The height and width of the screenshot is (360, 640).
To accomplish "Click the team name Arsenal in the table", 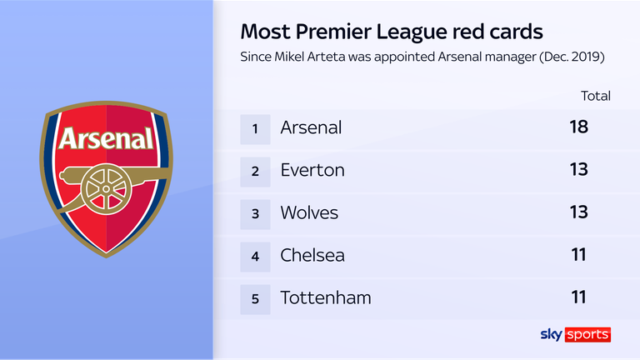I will (x=311, y=127).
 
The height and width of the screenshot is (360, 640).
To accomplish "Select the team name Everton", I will (x=312, y=170).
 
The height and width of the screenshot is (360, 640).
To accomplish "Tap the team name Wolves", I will (x=309, y=212).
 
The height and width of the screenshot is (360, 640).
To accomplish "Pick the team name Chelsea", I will (x=312, y=255).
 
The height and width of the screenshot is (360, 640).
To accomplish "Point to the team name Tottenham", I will (x=326, y=297).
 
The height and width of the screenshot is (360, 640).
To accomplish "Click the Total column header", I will (x=596, y=96).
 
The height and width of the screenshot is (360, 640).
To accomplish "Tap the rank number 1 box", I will (x=256, y=127).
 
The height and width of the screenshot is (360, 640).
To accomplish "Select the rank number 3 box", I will (x=256, y=212).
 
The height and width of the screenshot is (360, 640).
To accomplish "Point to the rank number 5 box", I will (x=256, y=297).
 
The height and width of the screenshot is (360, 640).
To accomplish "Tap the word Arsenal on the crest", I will (x=106, y=137).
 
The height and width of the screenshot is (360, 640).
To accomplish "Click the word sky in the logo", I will (x=552, y=334).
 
